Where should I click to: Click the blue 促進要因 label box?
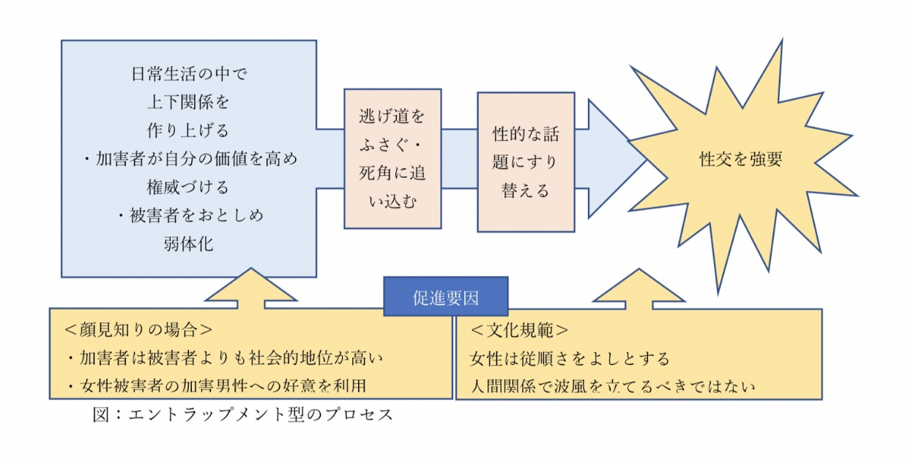pos(445,296)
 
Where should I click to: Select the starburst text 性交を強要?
pos(740,160)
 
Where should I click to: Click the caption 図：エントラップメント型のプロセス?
pos(243,415)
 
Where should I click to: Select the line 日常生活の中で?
pos(188,74)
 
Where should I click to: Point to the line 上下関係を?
pos(188,103)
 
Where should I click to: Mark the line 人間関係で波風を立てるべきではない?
pos(612,385)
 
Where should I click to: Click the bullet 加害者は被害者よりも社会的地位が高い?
pos(224,358)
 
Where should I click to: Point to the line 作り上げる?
pos(188,130)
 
